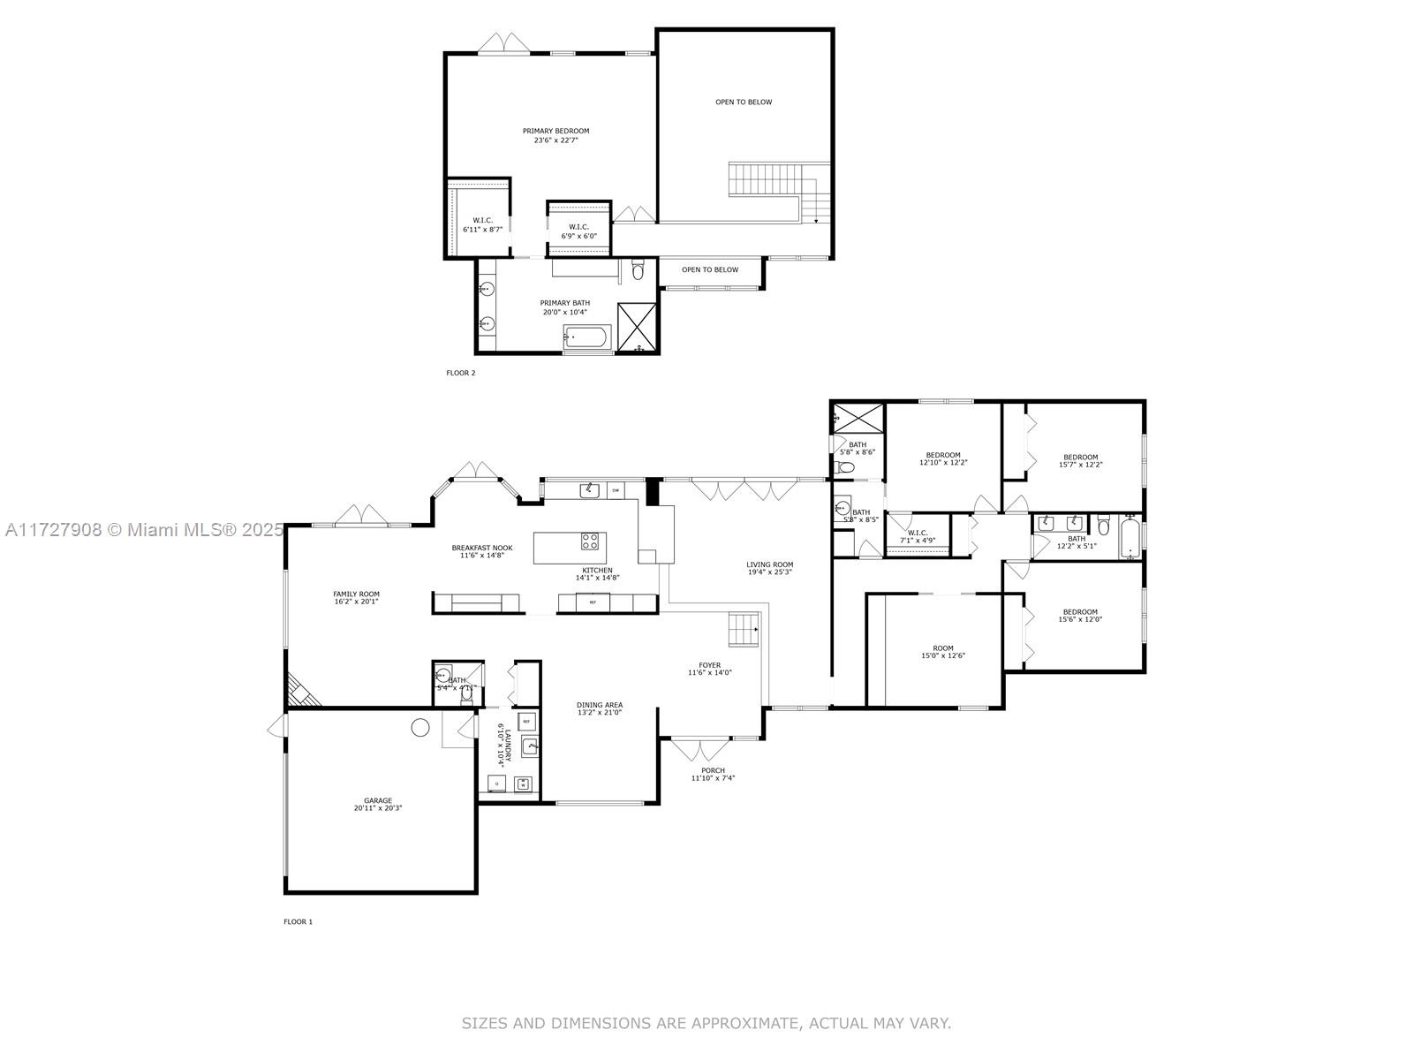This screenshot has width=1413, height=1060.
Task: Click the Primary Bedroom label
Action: click(x=555, y=131)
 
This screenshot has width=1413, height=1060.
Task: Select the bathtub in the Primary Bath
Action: click(x=587, y=337)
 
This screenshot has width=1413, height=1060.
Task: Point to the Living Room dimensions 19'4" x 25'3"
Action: click(x=769, y=572)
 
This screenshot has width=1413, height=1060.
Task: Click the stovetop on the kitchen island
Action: click(x=590, y=541)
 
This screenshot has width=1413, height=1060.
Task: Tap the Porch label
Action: click(x=713, y=770)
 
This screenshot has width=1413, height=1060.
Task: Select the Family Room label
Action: click(x=356, y=594)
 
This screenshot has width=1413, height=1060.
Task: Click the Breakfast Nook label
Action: click(x=481, y=548)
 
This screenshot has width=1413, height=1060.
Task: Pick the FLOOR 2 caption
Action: click(x=460, y=373)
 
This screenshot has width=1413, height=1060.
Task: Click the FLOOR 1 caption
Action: click(x=298, y=921)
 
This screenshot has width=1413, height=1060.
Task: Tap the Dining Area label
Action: click(x=600, y=705)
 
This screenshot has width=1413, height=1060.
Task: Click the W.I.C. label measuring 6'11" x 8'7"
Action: click(x=482, y=221)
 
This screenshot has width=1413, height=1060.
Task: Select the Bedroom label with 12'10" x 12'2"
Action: click(x=943, y=455)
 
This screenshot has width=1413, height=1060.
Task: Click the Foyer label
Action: click(x=710, y=665)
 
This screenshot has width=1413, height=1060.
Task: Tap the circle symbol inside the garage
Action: click(x=420, y=728)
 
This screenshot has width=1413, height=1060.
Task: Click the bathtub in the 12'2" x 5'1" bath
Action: click(x=1130, y=538)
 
